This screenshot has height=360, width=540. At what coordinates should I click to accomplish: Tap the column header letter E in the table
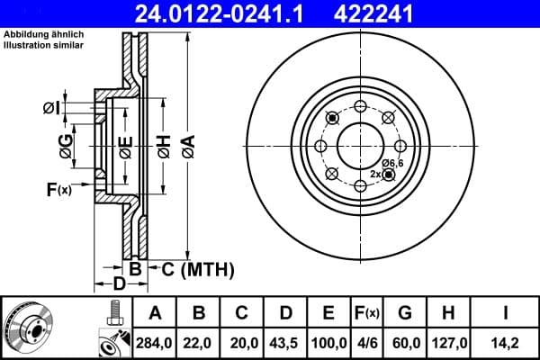click(328, 313)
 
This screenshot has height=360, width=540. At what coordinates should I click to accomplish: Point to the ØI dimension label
click(50, 109)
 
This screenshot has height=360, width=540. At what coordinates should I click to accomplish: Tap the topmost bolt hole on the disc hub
click(359, 106)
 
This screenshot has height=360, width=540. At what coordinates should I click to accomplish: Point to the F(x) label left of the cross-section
click(58, 189)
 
